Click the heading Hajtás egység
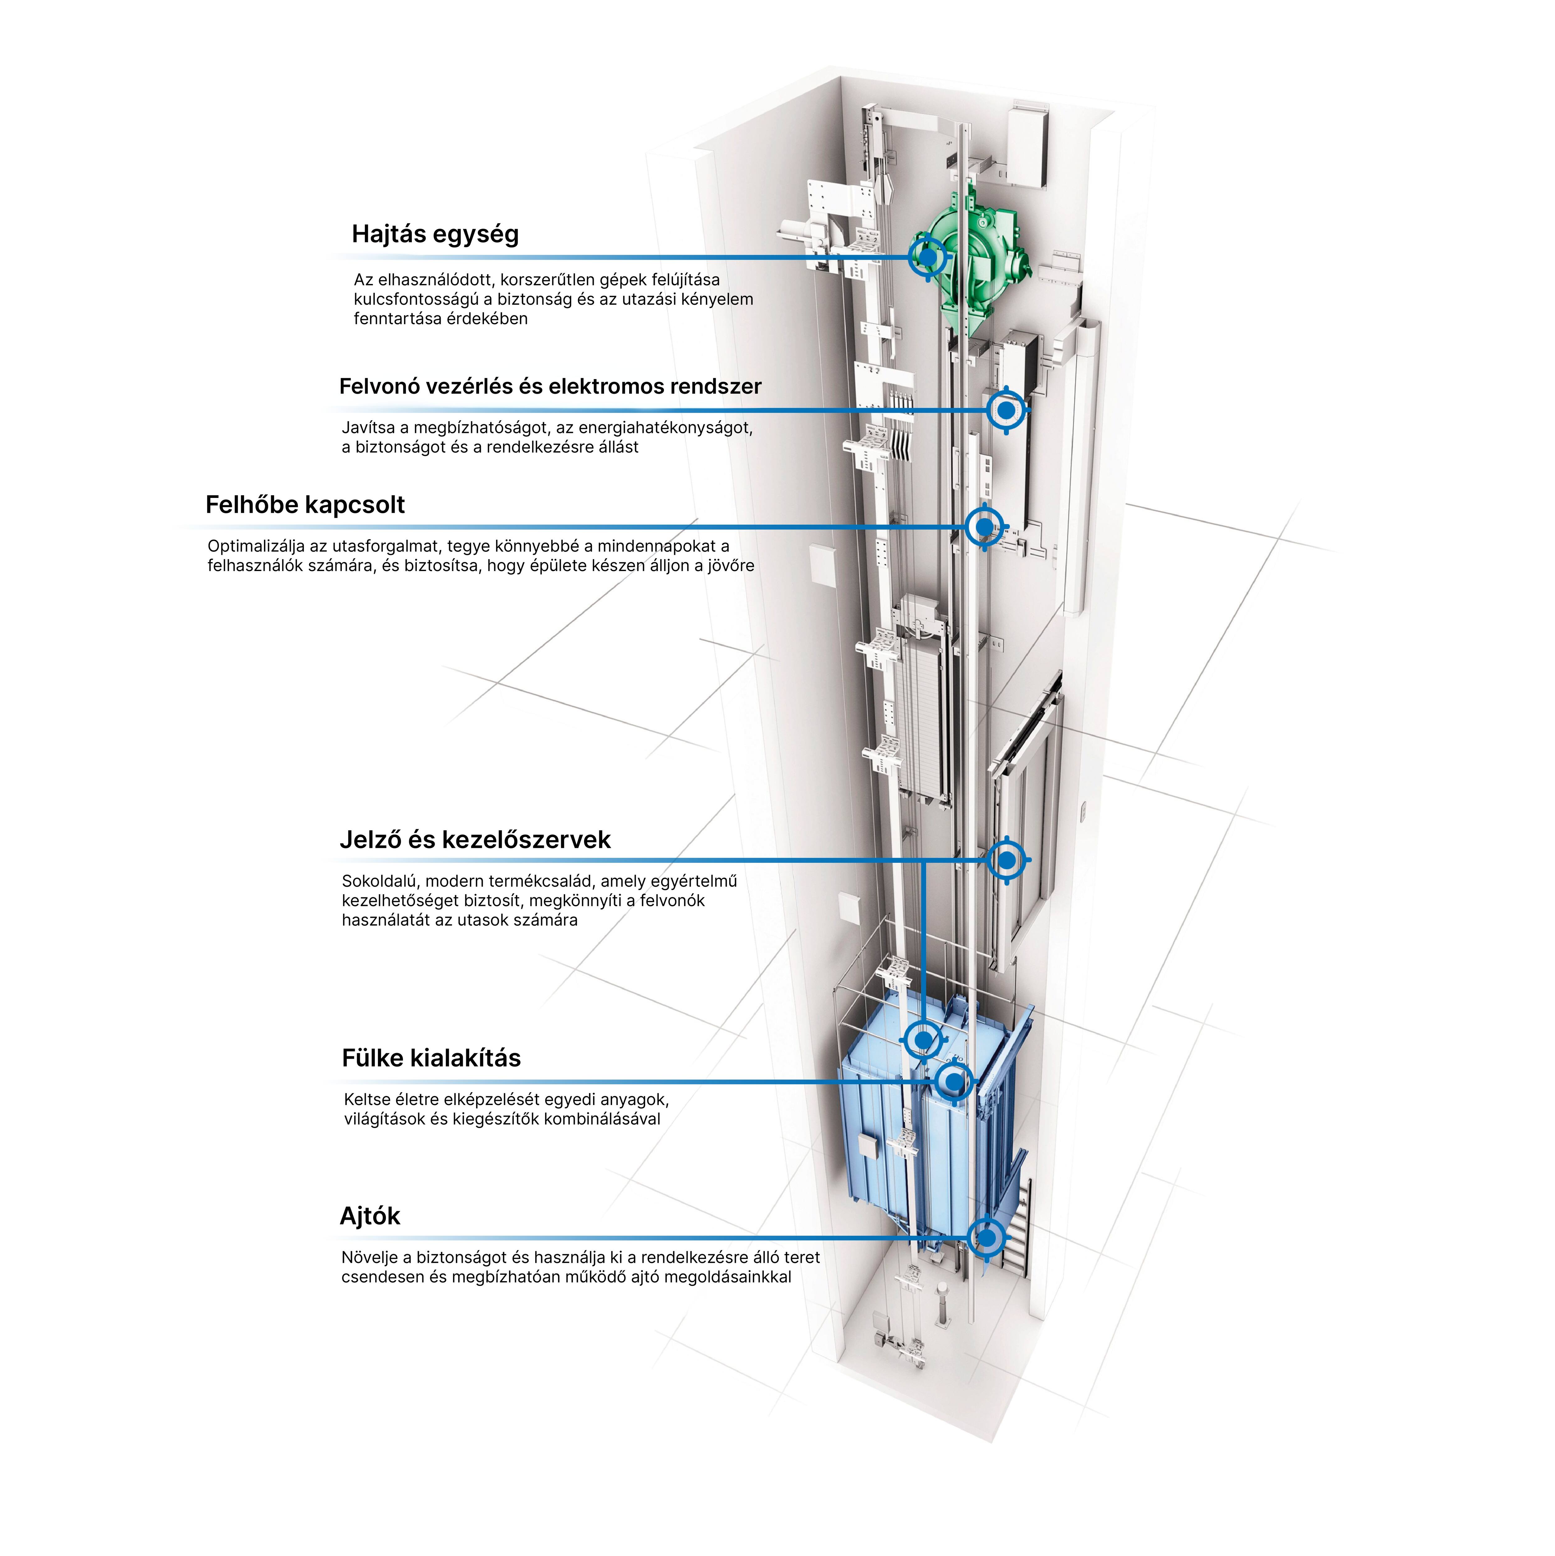pos(435,235)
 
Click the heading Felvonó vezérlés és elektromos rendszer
pos(550,387)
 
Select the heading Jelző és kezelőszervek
pos(475,840)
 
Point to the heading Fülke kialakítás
pos(431,1058)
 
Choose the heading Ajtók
pos(370,1216)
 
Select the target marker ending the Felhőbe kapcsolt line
pos(984,527)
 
